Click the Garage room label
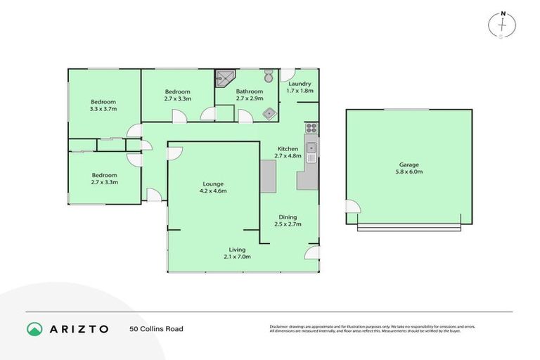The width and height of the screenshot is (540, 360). (x=409, y=165)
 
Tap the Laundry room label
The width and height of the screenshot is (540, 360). (x=300, y=84)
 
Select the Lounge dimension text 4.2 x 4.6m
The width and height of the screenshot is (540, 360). (x=214, y=191)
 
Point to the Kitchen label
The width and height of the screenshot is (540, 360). (x=288, y=149)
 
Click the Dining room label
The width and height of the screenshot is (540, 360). (x=288, y=217)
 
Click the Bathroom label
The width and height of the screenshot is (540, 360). (x=250, y=91)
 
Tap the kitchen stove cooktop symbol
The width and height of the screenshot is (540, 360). (x=311, y=128)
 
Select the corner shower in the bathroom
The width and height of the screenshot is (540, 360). (x=224, y=78)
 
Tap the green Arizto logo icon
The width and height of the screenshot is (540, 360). (x=34, y=328)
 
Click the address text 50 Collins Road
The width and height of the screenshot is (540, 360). (x=156, y=328)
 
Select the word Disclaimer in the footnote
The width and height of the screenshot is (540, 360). (x=281, y=326)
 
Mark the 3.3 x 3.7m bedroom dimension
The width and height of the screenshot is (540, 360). (x=103, y=109)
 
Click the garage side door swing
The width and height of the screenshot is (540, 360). (x=352, y=207)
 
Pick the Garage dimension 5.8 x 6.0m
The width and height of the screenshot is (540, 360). (x=409, y=172)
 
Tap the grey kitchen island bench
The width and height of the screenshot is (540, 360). (x=268, y=176)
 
